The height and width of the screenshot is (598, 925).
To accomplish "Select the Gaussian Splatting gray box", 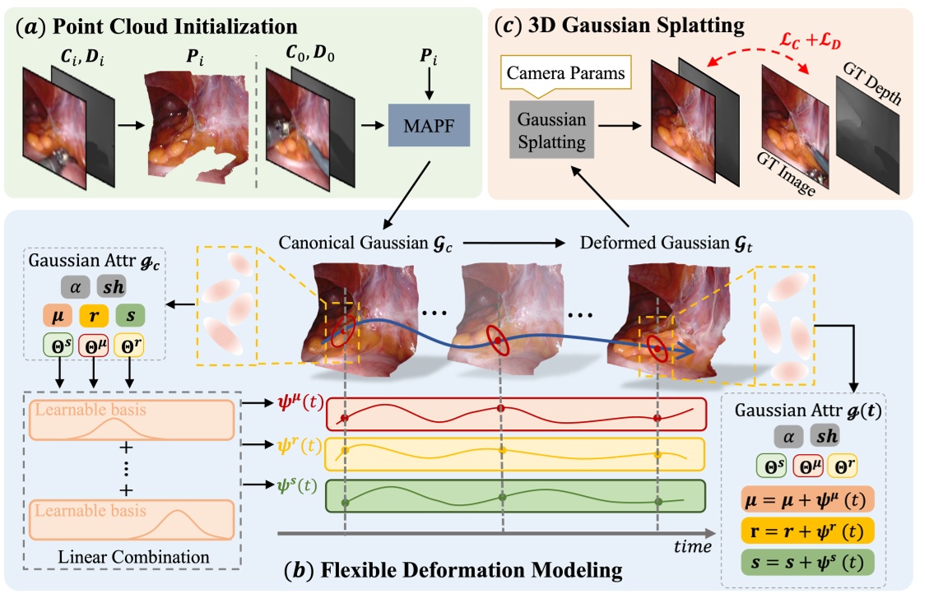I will point(552,130).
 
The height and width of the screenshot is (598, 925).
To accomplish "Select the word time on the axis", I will point(694,545).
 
